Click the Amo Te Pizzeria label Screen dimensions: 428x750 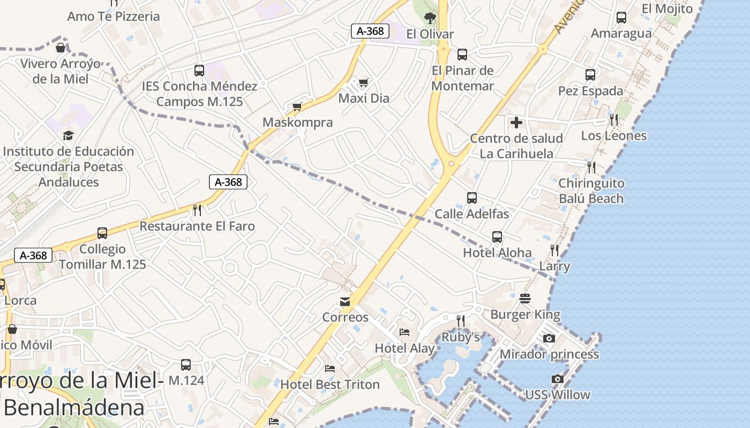pyautogui.click(x=113, y=16)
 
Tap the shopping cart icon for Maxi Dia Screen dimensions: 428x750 pyautogui.click(x=364, y=82)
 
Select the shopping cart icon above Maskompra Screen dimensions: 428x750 pyautogui.click(x=297, y=106)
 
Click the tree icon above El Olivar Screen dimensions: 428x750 pyautogui.click(x=430, y=18)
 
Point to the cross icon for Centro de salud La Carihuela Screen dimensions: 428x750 pyautogui.click(x=516, y=123)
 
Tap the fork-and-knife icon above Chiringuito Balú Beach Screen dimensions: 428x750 pyautogui.click(x=591, y=167)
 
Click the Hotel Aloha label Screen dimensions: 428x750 pyautogui.click(x=497, y=253)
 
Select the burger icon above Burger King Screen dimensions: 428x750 pyautogui.click(x=525, y=299)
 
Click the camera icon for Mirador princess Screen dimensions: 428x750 pyautogui.click(x=549, y=338)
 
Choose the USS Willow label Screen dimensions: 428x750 pyautogui.click(x=557, y=395)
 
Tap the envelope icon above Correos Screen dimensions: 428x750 pyautogui.click(x=345, y=302)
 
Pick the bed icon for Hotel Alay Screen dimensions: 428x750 pyautogui.click(x=404, y=333)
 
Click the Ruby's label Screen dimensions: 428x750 pyautogui.click(x=460, y=337)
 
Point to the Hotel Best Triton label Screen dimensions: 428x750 pyautogui.click(x=330, y=384)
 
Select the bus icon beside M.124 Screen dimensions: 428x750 pyautogui.click(x=186, y=365)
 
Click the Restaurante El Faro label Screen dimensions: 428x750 pyautogui.click(x=197, y=226)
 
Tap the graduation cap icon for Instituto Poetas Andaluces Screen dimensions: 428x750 pyautogui.click(x=68, y=135)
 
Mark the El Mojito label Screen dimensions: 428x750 pyautogui.click(x=667, y=9)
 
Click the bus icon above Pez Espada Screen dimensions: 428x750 pyautogui.click(x=590, y=75)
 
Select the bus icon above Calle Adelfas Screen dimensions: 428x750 pyautogui.click(x=472, y=198)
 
